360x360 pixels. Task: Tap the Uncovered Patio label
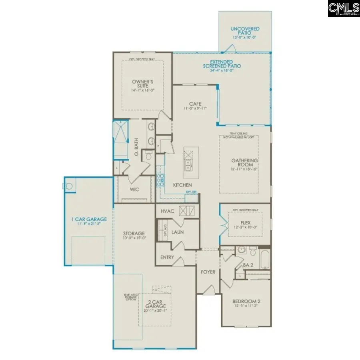(245, 32)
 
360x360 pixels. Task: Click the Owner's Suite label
(143, 85)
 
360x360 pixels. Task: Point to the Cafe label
(195, 106)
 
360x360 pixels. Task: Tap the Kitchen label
(182, 185)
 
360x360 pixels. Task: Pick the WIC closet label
(134, 189)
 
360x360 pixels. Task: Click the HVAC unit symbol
(186, 211)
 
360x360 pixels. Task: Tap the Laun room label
(178, 232)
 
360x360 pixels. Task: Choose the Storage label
(134, 236)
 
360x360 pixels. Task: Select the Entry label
(167, 257)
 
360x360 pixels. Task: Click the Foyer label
(208, 272)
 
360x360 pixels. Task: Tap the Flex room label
(245, 225)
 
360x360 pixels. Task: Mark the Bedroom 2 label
(246, 304)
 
